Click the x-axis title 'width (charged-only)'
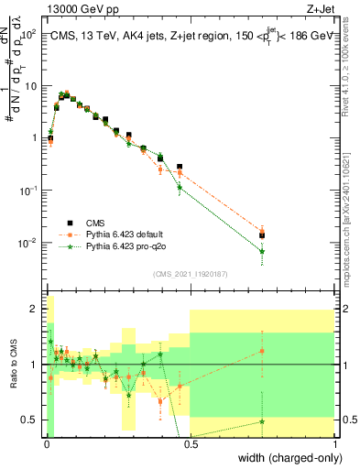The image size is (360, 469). coord(287,457)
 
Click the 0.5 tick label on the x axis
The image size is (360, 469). coord(191,445)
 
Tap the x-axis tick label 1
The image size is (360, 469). coord(335,445)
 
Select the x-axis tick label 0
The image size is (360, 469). coord(46,445)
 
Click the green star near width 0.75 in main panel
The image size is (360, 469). coord(262,251)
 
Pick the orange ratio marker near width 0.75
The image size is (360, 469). coord(262,351)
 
